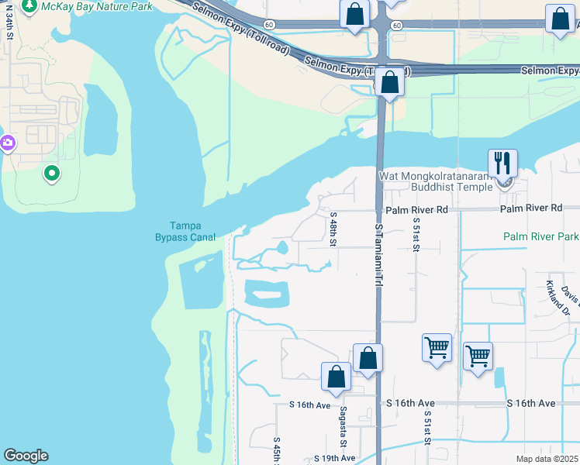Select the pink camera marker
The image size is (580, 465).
[7, 143]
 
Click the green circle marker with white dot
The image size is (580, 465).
[51, 173]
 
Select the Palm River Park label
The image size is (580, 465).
[540, 236]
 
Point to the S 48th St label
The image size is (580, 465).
[334, 229]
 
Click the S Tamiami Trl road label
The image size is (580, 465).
[379, 256]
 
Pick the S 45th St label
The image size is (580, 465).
[277, 451]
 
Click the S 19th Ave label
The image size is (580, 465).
[334, 458]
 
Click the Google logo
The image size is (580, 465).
[26, 456]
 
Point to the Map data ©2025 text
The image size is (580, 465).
[547, 459]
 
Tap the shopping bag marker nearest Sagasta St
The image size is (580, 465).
[337, 377]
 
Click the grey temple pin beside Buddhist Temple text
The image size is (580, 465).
[506, 184]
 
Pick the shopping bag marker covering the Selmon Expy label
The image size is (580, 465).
[390, 82]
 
